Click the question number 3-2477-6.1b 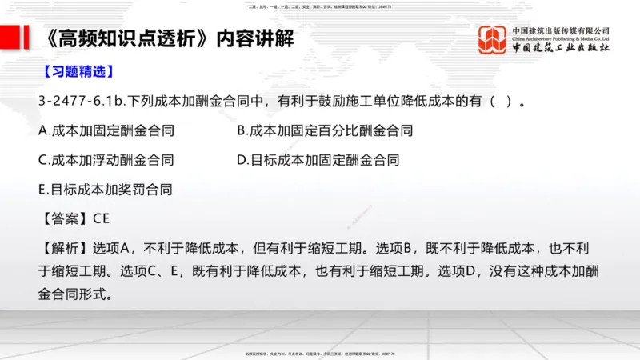83,102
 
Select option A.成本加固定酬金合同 106,130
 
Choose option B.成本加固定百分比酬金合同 325,130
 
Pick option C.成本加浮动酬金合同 106,160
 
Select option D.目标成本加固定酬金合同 318,160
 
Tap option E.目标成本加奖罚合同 105,190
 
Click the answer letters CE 101,218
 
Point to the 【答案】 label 64,218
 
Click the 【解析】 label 64,247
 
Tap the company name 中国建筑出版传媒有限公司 560,30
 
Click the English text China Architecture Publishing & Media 560,38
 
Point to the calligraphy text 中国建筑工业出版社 560,48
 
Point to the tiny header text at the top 320,5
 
